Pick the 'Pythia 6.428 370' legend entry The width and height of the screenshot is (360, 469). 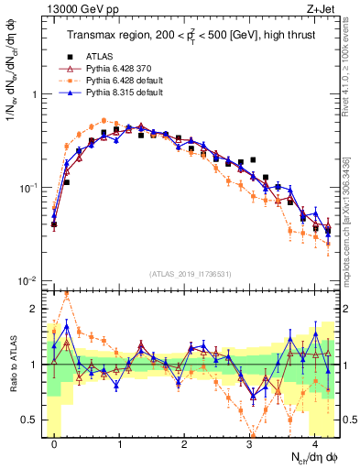pyautogui.click(x=115, y=68)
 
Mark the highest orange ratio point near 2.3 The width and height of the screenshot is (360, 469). pyautogui.click(x=67, y=294)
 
